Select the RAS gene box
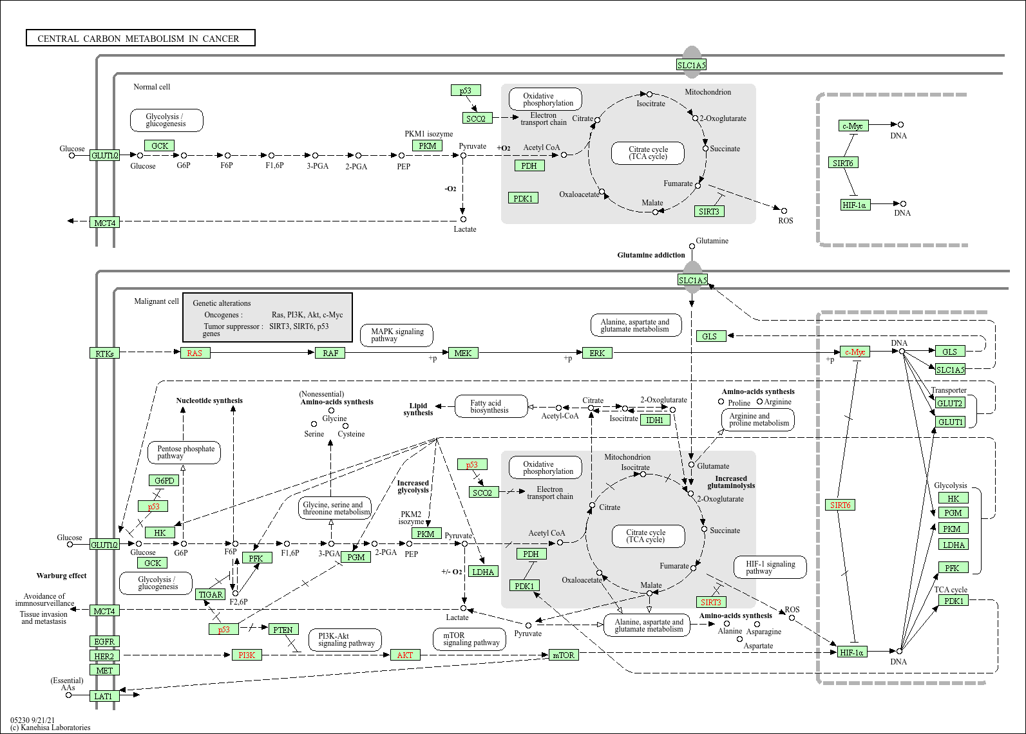[195, 353]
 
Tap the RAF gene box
[330, 353]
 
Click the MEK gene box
[463, 353]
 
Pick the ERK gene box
[597, 353]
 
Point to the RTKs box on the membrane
[104, 353]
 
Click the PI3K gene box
[247, 655]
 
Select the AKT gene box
[405, 655]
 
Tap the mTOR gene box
[564, 655]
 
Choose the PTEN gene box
[283, 630]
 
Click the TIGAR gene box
[211, 594]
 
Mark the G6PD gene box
[164, 480]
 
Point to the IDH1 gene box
[655, 420]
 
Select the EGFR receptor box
[104, 641]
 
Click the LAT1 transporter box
[104, 696]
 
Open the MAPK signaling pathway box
[397, 335]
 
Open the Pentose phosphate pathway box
[185, 453]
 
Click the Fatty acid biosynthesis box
[490, 406]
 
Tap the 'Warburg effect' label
[61, 576]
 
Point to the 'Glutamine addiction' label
[651, 255]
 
